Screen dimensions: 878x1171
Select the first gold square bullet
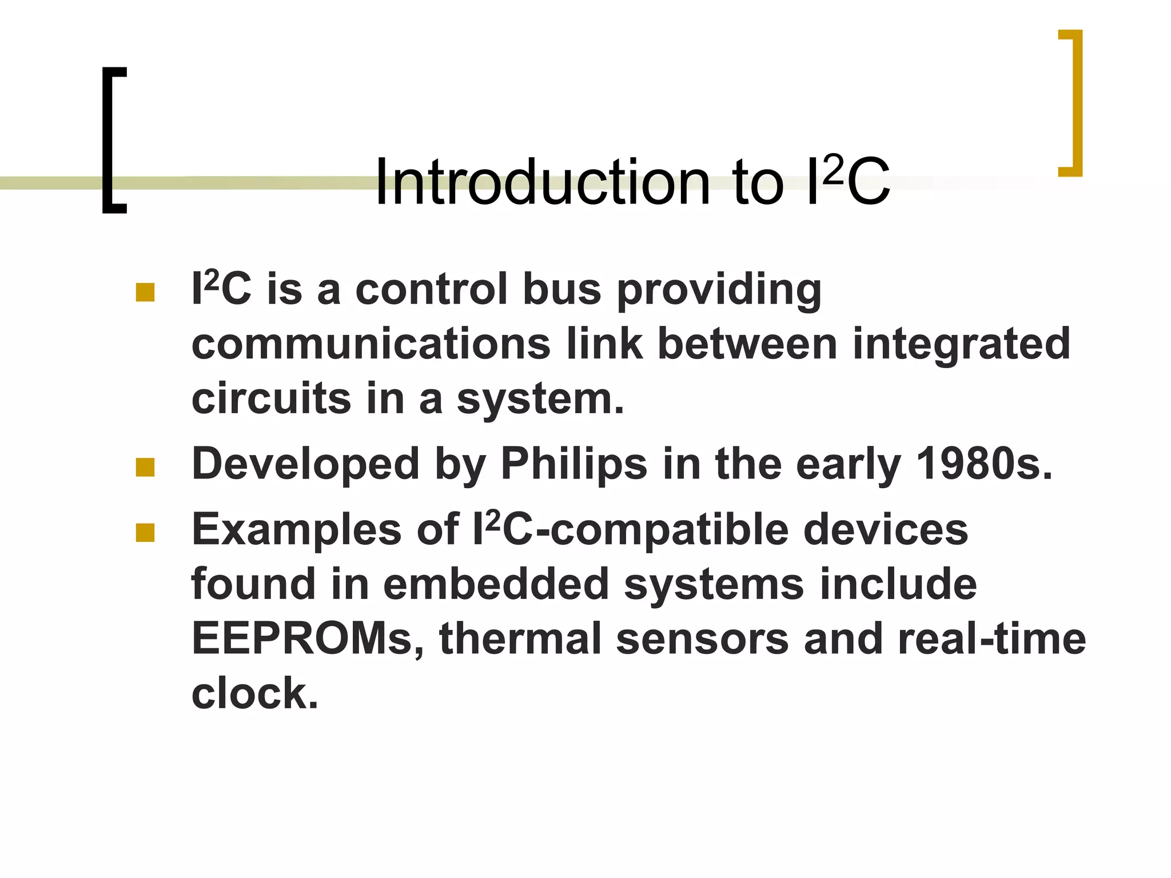(x=145, y=292)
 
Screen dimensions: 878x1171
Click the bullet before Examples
(x=145, y=533)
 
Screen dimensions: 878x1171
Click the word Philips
(x=573, y=464)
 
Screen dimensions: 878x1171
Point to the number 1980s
(x=983, y=464)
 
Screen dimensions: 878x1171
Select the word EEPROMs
(x=308, y=639)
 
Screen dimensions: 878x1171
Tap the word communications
(x=371, y=344)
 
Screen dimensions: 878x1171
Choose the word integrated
(x=961, y=345)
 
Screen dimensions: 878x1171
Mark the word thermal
(x=520, y=639)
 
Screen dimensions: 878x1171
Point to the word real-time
(x=991, y=639)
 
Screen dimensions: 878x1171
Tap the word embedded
(x=496, y=584)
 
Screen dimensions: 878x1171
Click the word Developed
(x=306, y=464)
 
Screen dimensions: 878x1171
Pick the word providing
(x=719, y=290)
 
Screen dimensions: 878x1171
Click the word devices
(x=885, y=530)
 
